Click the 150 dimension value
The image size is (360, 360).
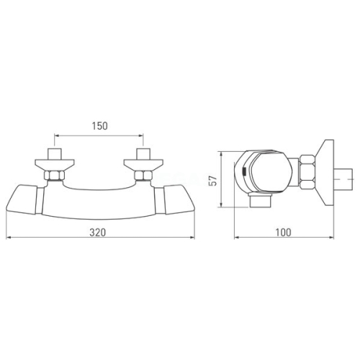point(100,126)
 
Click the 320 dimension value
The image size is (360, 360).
point(97,233)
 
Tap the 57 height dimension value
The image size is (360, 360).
point(213,180)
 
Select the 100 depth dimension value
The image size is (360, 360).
point(283,233)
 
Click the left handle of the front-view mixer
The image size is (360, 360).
point(22,199)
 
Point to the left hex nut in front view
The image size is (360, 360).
point(55,176)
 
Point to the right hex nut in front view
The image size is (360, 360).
point(143,176)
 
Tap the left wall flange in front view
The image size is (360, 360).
point(55,165)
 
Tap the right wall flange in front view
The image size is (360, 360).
point(143,165)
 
